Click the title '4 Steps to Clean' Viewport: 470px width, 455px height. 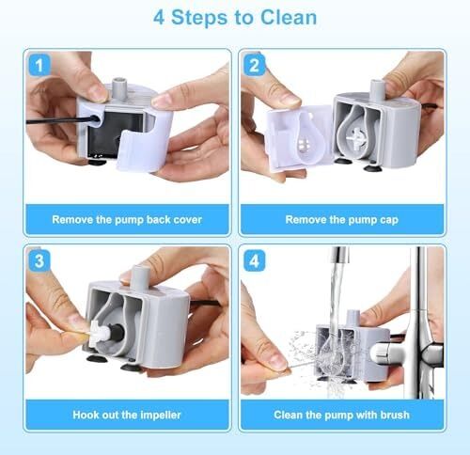(234, 18)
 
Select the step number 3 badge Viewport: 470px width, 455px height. (38, 261)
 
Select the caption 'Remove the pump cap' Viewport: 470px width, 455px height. (341, 220)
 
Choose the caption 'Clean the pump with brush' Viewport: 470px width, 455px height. (341, 414)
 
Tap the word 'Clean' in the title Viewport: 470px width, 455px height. (286, 18)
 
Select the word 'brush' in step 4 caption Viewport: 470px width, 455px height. (393, 414)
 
